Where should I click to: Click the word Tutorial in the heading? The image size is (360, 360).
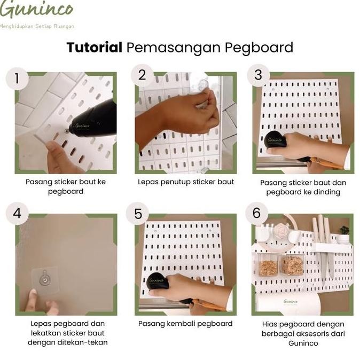tap(95, 48)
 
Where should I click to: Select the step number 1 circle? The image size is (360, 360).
tap(17, 79)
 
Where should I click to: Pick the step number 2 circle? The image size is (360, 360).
tap(142, 75)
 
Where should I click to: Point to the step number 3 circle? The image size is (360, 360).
tap(259, 75)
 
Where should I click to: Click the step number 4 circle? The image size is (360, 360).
tap(17, 213)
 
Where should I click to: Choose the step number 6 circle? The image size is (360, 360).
tap(257, 213)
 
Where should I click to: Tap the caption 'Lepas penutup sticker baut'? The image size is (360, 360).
tap(186, 182)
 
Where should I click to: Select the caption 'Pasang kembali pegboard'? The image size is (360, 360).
tap(185, 324)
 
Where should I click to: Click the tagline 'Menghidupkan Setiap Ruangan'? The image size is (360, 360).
tap(36, 26)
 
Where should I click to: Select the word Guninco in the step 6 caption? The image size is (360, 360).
tap(303, 343)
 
